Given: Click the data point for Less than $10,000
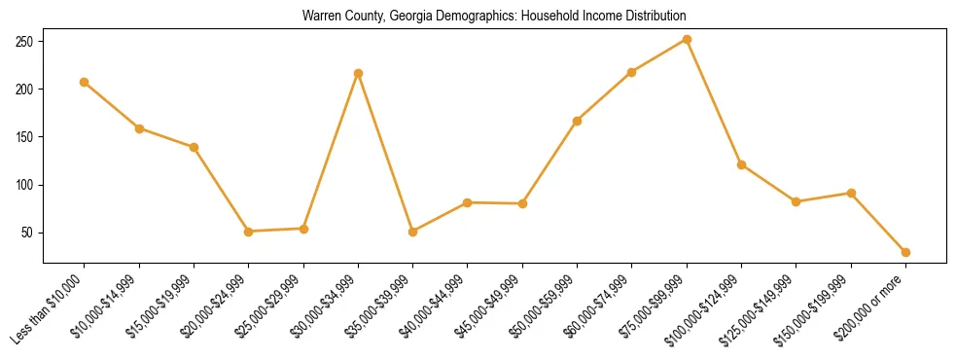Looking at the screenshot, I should tap(85, 82).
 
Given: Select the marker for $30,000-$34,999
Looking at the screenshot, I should tap(359, 73).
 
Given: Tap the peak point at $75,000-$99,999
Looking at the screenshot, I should tap(687, 40).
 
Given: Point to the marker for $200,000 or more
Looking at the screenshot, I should tap(905, 252).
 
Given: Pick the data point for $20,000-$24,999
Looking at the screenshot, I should tap(249, 232).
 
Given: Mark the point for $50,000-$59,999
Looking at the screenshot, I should tap(578, 121).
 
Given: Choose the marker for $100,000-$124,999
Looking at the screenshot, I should tap(742, 164).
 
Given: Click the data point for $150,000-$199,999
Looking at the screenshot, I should tap(851, 193).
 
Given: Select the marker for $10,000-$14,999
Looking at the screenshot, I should tap(139, 128).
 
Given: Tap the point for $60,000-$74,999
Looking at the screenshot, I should tap(632, 72).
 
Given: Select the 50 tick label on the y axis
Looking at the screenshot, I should tap(27, 233).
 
